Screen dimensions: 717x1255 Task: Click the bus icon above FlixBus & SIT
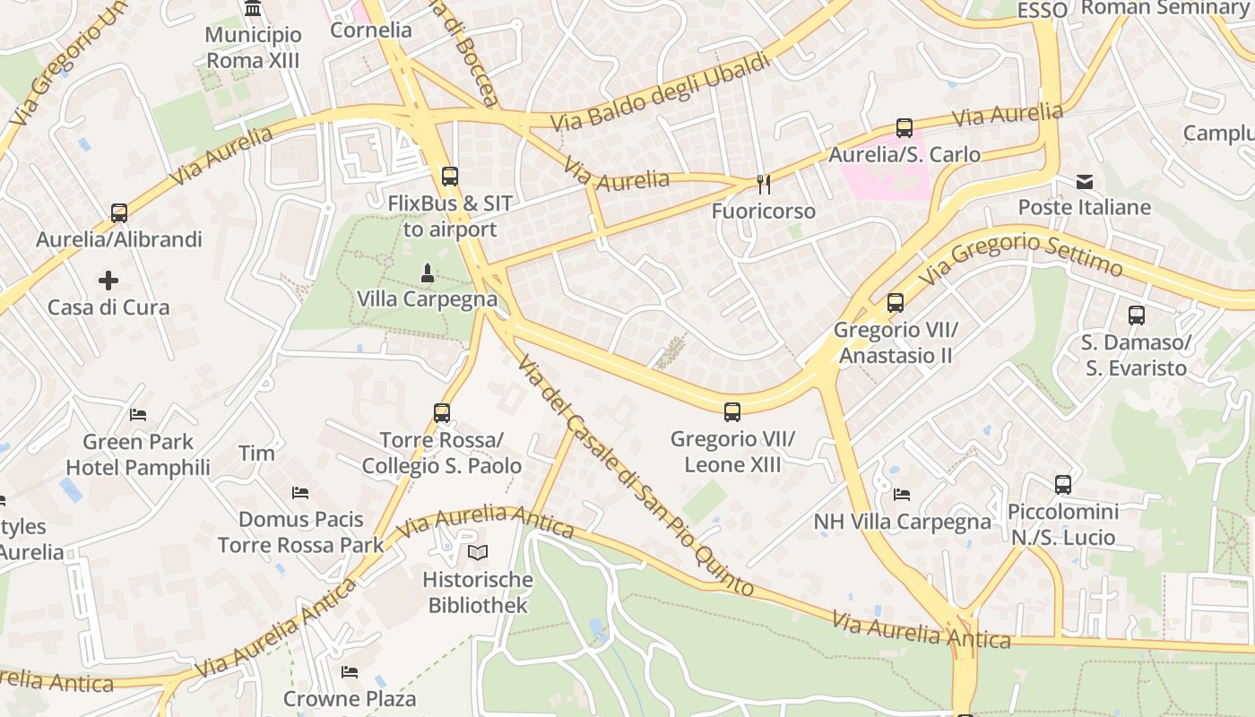[450, 177]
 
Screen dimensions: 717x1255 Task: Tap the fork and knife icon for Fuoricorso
[764, 185]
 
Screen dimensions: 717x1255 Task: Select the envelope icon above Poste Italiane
[1085, 183]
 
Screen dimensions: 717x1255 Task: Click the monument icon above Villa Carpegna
[428, 272]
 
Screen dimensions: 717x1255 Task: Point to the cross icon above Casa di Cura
[108, 281]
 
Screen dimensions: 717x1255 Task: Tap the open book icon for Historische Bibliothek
[479, 552]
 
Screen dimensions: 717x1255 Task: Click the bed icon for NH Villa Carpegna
[902, 495]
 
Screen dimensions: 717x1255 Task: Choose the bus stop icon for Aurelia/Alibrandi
[119, 213]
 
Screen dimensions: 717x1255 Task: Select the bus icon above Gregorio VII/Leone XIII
[732, 412]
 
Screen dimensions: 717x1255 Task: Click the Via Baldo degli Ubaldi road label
[661, 92]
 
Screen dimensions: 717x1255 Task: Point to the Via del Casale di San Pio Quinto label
[635, 475]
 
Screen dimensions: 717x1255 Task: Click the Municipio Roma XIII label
[254, 48]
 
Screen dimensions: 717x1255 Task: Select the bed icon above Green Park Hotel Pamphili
[138, 415]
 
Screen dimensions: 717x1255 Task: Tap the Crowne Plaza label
[350, 698]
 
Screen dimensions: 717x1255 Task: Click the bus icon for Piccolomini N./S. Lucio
[1063, 485]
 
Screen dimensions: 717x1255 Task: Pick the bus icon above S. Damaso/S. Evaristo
[1137, 315]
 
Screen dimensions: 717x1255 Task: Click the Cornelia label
[371, 30]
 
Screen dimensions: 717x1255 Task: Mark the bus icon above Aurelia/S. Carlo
[904, 128]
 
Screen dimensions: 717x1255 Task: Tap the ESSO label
[1043, 10]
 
